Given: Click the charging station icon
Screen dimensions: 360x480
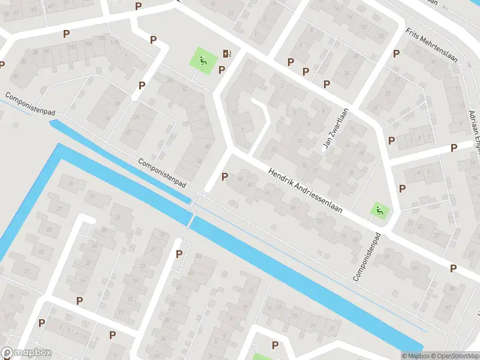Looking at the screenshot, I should click(x=226, y=54).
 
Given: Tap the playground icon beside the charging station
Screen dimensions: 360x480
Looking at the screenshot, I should click(x=203, y=60).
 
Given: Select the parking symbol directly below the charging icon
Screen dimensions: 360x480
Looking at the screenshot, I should click(x=222, y=70).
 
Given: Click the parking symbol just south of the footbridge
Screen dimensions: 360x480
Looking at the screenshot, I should click(x=179, y=254).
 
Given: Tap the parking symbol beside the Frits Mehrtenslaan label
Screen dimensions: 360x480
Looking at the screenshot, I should click(x=396, y=53).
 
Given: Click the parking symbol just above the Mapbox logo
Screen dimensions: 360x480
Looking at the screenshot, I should click(x=41, y=323).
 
